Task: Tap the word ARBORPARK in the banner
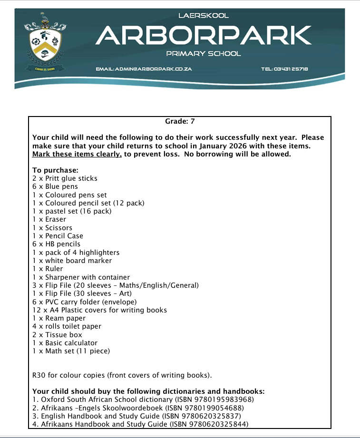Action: (204, 35)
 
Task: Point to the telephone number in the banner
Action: (284, 69)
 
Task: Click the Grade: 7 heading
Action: (180, 122)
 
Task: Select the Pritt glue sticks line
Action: (65, 178)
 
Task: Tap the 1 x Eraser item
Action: (49, 219)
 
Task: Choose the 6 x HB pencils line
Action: (56, 244)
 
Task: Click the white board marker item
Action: (72, 261)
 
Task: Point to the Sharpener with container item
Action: (81, 277)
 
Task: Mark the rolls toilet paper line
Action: (67, 326)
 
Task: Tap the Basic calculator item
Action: (65, 343)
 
